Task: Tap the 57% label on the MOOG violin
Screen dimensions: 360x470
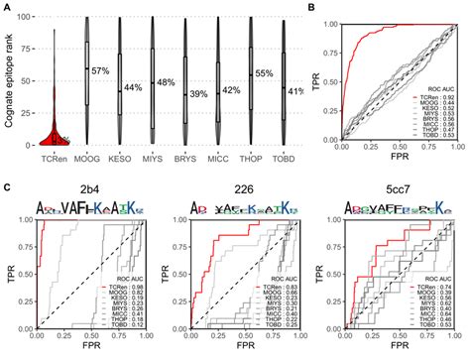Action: (x=100, y=71)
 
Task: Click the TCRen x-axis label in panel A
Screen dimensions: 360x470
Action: (x=56, y=160)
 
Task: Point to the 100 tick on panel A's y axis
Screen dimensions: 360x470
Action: (x=30, y=17)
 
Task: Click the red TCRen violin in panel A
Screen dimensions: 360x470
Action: (x=56, y=139)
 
